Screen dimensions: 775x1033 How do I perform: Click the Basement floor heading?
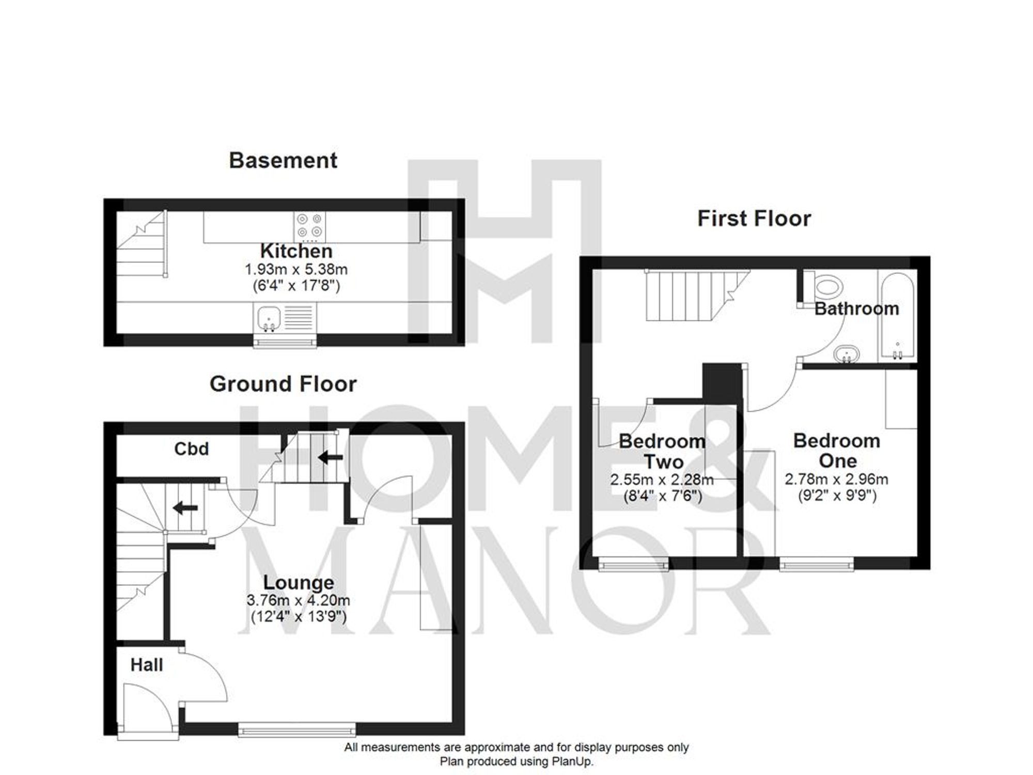[x=283, y=161]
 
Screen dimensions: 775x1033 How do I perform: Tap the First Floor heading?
[x=754, y=219]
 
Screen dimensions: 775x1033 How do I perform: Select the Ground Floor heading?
[x=283, y=384]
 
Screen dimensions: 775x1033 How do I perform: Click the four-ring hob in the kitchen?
[x=310, y=226]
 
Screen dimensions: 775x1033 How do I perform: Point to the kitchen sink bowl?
[x=268, y=315]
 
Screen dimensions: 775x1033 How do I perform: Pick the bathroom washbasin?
[x=847, y=354]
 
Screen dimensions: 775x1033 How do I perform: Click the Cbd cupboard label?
[x=192, y=449]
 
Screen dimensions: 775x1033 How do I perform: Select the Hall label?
[x=147, y=665]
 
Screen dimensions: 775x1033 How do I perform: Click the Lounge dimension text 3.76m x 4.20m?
[x=299, y=600]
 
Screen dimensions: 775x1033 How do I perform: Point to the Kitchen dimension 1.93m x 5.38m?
[x=296, y=269]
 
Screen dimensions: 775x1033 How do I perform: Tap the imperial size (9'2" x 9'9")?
[x=837, y=496]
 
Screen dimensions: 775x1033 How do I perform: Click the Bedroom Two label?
[x=663, y=451]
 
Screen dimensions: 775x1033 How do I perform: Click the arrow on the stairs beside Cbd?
[x=331, y=457]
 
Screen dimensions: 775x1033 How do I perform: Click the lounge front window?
[x=297, y=730]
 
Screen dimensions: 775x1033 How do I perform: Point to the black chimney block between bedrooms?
[x=722, y=382]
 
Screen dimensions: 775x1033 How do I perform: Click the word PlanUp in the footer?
[x=572, y=762]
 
